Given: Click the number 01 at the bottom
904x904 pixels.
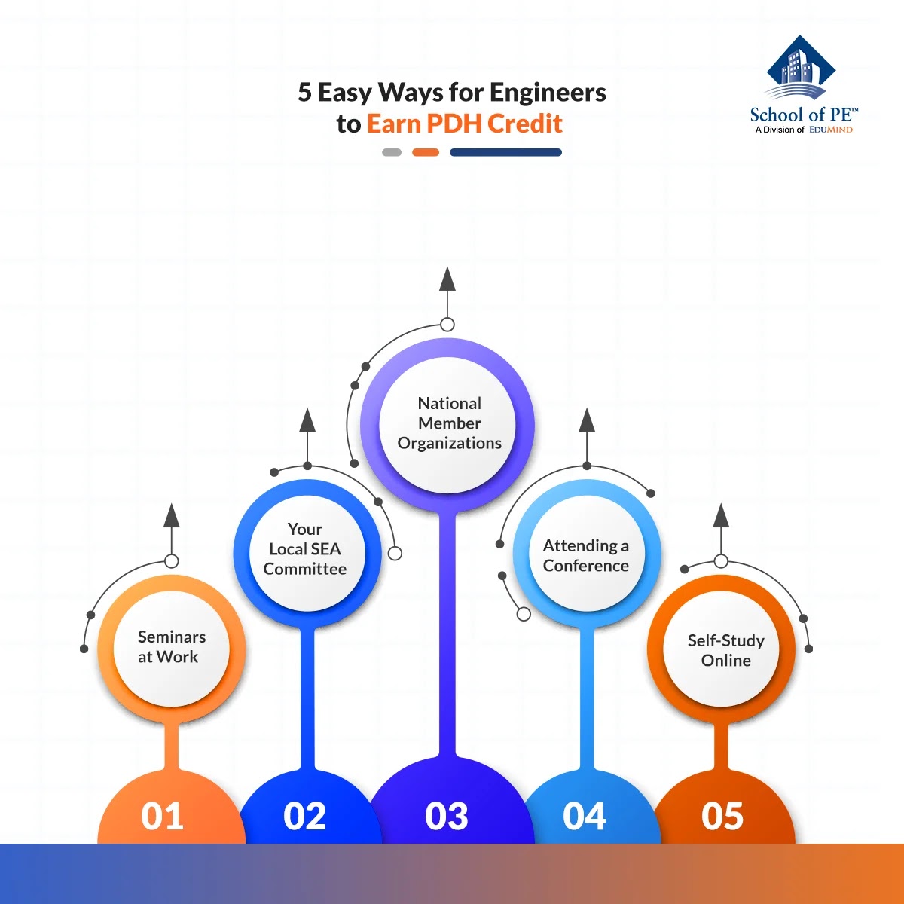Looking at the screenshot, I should pyautogui.click(x=162, y=817).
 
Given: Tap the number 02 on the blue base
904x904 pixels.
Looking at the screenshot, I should pyautogui.click(x=304, y=817).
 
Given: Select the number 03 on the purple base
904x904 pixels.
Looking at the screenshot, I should pyautogui.click(x=447, y=817).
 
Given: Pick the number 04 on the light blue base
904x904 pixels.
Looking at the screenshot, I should pyautogui.click(x=584, y=817).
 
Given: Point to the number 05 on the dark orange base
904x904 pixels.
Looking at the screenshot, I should pyautogui.click(x=722, y=817).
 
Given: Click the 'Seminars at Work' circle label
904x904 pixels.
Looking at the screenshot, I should pyautogui.click(x=171, y=646).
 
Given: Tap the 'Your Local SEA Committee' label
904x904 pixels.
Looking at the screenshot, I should pyautogui.click(x=305, y=549).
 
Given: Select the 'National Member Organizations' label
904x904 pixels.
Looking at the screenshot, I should pyautogui.click(x=450, y=423).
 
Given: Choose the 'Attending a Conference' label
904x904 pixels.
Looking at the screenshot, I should pyautogui.click(x=586, y=556).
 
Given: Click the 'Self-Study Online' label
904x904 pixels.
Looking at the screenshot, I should pyautogui.click(x=726, y=650).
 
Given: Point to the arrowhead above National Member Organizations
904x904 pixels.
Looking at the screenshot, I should pyautogui.click(x=447, y=279).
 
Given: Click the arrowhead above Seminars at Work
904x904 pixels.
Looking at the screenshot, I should pyautogui.click(x=172, y=516).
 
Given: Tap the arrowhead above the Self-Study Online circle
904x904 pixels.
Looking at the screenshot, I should pyautogui.click(x=721, y=516).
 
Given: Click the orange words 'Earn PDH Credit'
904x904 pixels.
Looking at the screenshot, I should pyautogui.click(x=465, y=124).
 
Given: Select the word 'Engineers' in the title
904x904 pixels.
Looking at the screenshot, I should pyautogui.click(x=548, y=93).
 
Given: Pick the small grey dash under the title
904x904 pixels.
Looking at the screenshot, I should pyautogui.click(x=392, y=152).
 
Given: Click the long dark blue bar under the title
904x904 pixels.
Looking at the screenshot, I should pyautogui.click(x=505, y=152).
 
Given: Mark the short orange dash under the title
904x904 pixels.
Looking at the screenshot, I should pyautogui.click(x=426, y=152).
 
